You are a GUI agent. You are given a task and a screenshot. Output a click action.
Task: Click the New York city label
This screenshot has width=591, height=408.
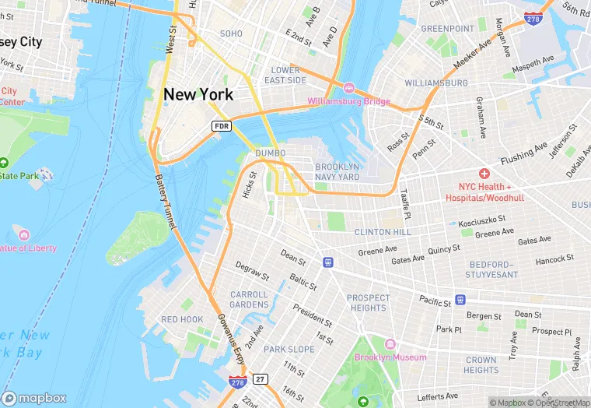198,94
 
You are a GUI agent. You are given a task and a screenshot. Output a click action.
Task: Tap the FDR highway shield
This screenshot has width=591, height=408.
221,125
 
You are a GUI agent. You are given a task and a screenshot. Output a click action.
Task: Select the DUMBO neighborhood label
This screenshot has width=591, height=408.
270,153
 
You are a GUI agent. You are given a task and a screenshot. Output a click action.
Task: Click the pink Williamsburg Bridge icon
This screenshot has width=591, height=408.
349,88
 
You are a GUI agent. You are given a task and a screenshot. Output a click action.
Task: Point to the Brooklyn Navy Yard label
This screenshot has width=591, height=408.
337,172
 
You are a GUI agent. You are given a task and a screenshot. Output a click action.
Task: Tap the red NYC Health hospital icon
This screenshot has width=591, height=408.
484,173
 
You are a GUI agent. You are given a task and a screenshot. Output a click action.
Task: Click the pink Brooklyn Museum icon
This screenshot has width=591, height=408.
390,344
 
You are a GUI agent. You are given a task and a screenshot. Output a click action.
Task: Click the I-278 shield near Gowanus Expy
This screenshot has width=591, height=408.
238,382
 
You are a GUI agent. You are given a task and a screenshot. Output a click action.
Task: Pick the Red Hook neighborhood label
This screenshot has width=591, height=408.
182,320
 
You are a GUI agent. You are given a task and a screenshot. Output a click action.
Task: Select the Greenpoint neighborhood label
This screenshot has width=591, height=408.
447,29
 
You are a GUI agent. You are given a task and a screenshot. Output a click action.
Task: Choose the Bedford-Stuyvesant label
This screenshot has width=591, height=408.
491,269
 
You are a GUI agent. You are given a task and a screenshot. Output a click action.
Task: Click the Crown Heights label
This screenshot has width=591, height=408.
481,365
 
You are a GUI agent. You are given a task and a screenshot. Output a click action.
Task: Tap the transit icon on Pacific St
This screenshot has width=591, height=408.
460,299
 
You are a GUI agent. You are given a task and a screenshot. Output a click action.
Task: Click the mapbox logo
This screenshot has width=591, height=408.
35,397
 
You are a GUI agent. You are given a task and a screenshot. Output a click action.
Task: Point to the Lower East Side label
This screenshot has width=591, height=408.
285,75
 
